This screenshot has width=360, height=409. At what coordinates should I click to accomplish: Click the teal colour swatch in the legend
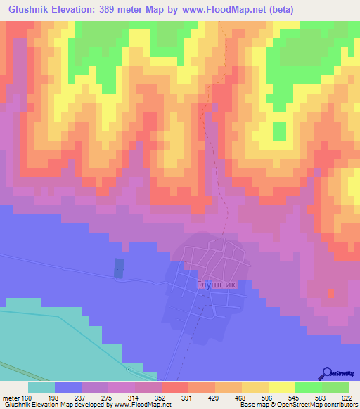pos(41,387)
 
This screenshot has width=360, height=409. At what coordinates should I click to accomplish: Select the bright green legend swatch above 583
pos(308,387)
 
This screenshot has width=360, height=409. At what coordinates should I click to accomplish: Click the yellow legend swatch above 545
pos(281,387)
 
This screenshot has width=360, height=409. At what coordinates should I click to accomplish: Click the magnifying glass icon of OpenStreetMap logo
pos(327,373)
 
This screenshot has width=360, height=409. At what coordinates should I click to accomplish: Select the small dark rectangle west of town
pos(119,267)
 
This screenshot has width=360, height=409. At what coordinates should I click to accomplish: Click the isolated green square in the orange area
pos(279,131)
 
